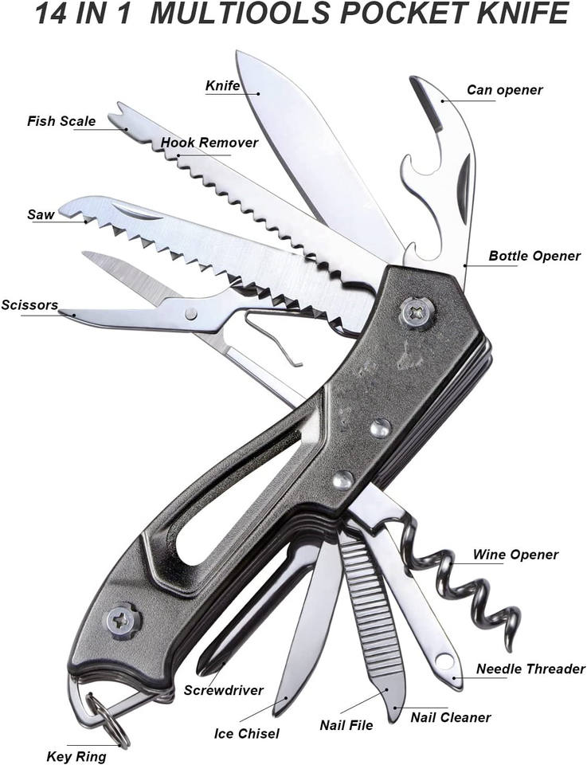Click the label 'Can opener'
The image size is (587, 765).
pyautogui.click(x=504, y=90)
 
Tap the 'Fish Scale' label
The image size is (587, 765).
pyautogui.click(x=61, y=122)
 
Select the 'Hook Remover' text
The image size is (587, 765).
pyautogui.click(x=209, y=143)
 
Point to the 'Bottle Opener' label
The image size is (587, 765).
pyautogui.click(x=534, y=257)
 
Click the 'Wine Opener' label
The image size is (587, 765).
pyautogui.click(x=515, y=555)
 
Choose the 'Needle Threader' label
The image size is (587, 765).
pyautogui.click(x=530, y=669)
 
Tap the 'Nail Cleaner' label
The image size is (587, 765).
pyautogui.click(x=451, y=718)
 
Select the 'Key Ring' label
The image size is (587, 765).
pyautogui.click(x=76, y=756)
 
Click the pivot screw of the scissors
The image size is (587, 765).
pyautogui.click(x=191, y=313)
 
